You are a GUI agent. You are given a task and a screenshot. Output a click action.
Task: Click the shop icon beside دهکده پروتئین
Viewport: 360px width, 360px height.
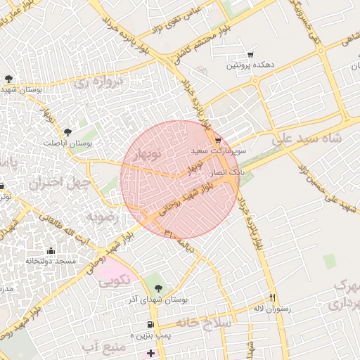coord(250,55)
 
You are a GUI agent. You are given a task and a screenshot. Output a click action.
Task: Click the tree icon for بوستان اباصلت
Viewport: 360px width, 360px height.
coord(67,131)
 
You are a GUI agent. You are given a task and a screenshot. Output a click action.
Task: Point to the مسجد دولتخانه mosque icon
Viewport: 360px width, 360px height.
coord(50,250)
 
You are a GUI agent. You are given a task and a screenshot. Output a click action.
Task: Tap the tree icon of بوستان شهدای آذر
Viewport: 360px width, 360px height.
coord(157,288)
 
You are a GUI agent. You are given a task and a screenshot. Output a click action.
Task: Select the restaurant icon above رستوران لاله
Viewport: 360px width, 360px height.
coord(273,297)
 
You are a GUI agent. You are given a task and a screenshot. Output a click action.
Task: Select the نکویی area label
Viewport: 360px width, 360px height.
coord(114,281)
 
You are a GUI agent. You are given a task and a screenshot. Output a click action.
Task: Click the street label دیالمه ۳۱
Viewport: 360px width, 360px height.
coord(176,238)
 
